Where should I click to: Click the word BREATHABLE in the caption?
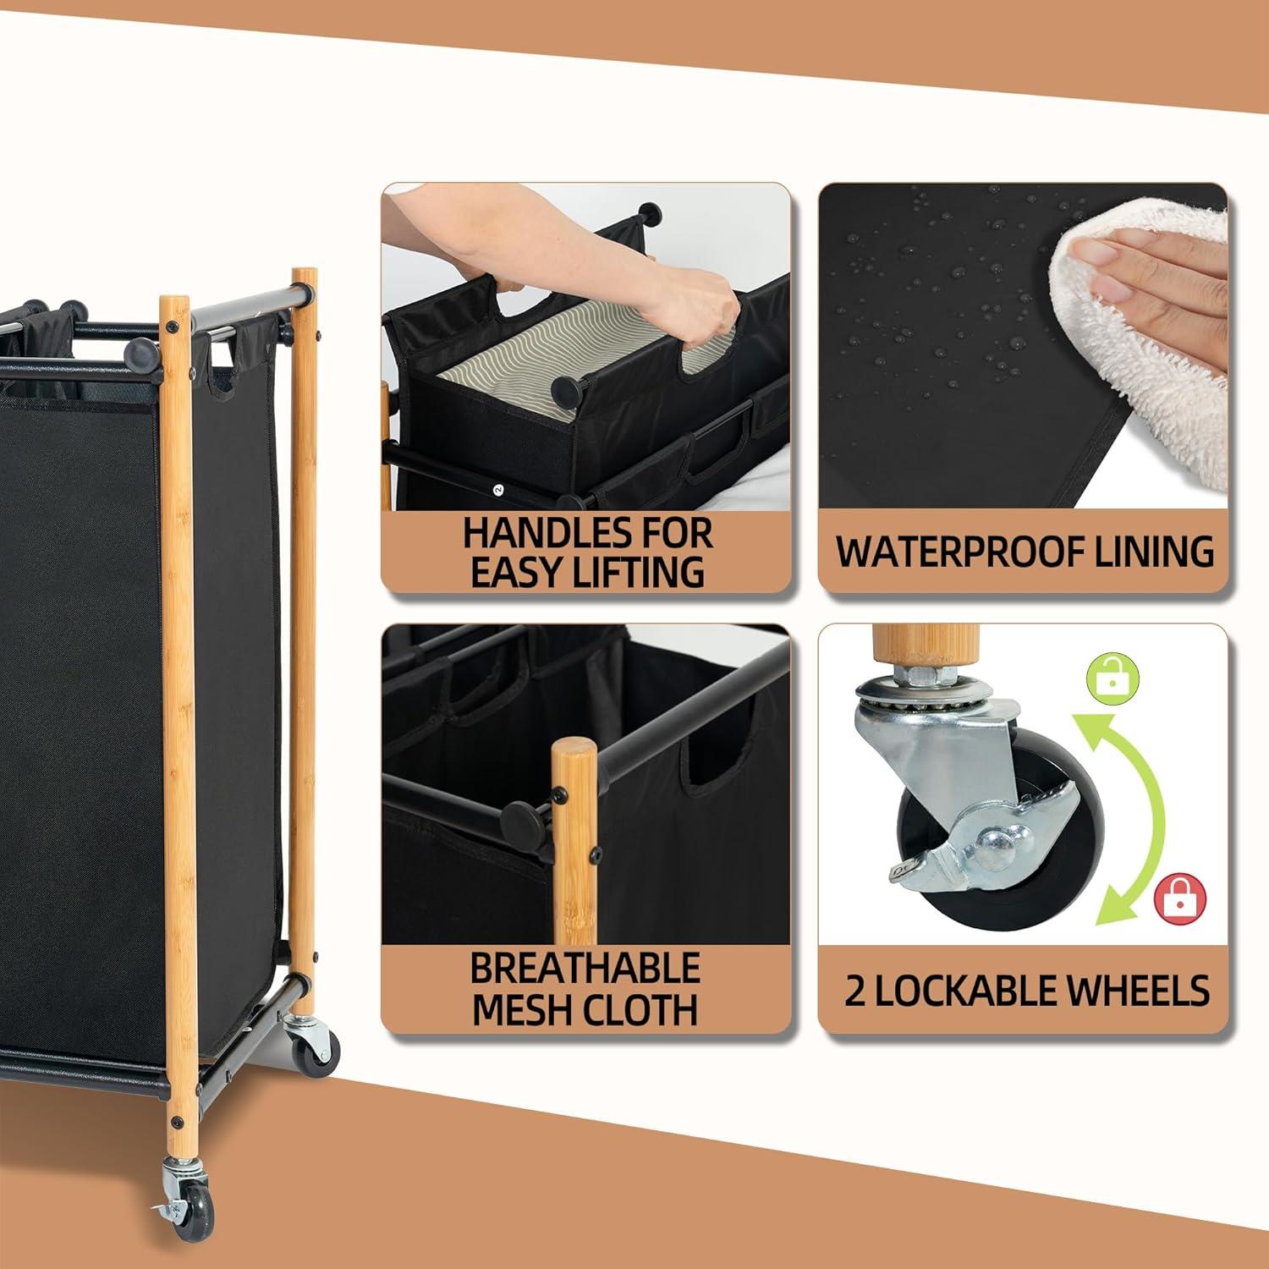[585, 969]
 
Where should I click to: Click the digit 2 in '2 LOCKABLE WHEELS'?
[855, 992]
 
